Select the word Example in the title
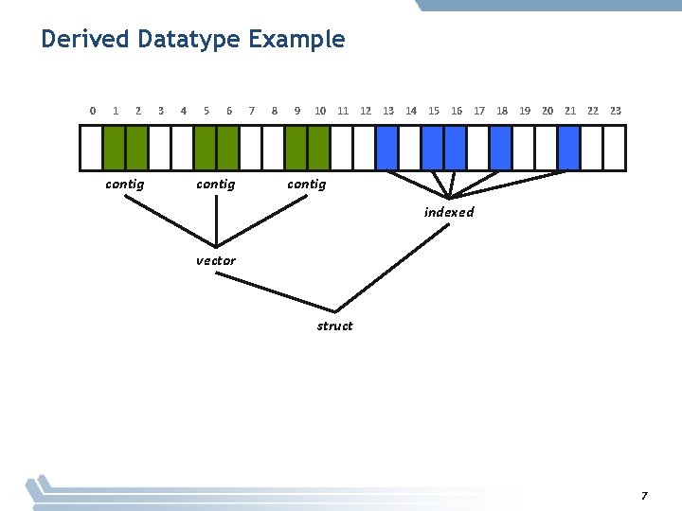click(x=297, y=40)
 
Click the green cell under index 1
click(x=115, y=147)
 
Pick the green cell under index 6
click(x=228, y=147)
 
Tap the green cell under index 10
click(x=319, y=147)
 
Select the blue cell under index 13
click(x=387, y=147)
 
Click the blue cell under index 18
click(x=501, y=147)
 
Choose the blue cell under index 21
click(x=569, y=147)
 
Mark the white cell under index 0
click(x=92, y=147)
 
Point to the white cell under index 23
click(x=615, y=147)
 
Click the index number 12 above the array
click(x=366, y=111)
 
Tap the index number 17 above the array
click(x=479, y=111)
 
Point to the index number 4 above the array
click(x=183, y=111)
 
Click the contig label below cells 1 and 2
click(x=125, y=184)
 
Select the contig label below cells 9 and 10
click(x=307, y=184)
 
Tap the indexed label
click(x=449, y=212)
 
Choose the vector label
click(x=216, y=260)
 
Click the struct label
click(x=334, y=326)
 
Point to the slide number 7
click(x=644, y=496)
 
